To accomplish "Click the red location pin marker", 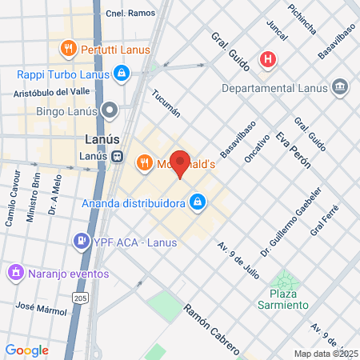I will tap(181, 162).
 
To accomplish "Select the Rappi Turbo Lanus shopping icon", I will tap(121, 74).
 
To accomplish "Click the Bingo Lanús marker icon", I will tap(110, 109).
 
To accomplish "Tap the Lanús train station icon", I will tap(118, 157).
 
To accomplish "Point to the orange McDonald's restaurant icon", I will tap(144, 163).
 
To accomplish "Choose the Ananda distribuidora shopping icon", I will tap(196, 203).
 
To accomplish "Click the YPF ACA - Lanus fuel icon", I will tap(81, 240).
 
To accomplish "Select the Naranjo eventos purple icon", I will tap(14, 273).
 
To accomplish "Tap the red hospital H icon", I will tap(267, 59).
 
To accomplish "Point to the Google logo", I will tap(26, 350).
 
